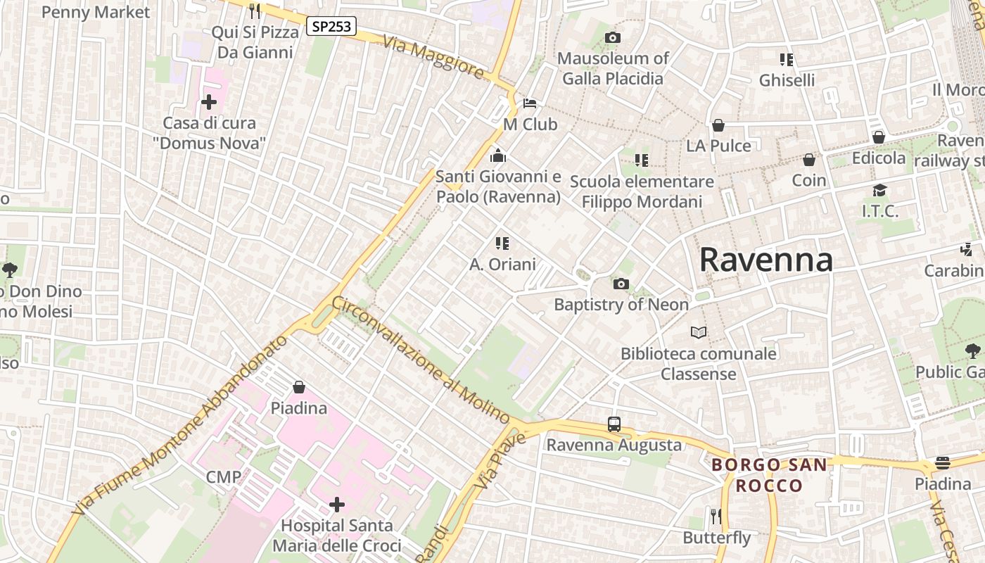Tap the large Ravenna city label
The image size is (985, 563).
tap(765, 260)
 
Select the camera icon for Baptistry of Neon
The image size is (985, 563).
tap(621, 284)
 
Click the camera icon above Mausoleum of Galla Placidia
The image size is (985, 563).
tap(613, 37)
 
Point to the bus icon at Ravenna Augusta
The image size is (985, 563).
tap(614, 424)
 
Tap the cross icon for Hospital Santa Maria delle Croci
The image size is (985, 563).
tap(337, 505)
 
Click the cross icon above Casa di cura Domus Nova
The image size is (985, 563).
tap(209, 103)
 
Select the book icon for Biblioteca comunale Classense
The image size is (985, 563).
tap(698, 332)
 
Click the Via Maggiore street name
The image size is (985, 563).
tap(433, 57)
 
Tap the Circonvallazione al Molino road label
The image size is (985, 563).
tap(421, 360)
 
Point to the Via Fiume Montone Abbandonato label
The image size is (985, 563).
tap(180, 424)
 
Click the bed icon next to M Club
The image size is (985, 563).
tap(530, 103)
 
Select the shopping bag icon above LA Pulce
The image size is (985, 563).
tap(718, 125)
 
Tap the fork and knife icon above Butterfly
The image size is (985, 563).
tap(716, 517)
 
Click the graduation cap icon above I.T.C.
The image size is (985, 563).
tap(879, 190)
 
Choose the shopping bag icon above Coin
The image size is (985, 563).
tap(809, 160)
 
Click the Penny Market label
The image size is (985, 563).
tap(96, 12)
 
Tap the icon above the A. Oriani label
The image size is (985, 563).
tap(502, 243)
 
